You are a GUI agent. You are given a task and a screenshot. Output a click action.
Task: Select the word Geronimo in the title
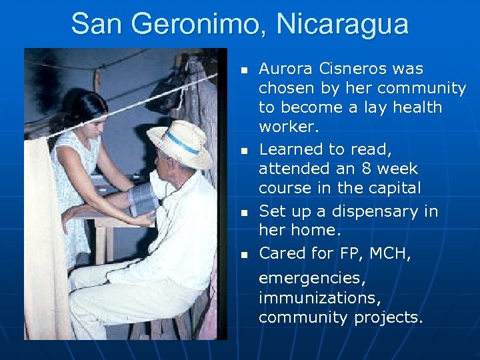coord(194,25)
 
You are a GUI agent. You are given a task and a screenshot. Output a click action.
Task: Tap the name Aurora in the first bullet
coord(284,69)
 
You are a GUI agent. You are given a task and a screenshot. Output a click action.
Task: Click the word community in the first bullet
coord(421,88)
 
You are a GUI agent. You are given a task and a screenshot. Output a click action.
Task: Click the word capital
coord(393,188)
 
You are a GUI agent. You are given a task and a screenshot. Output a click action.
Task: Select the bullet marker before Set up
coord(245,213)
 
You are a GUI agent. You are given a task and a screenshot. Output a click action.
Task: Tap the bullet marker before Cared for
coord(245,255)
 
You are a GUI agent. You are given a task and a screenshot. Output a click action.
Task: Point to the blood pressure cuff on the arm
coord(143,199)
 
